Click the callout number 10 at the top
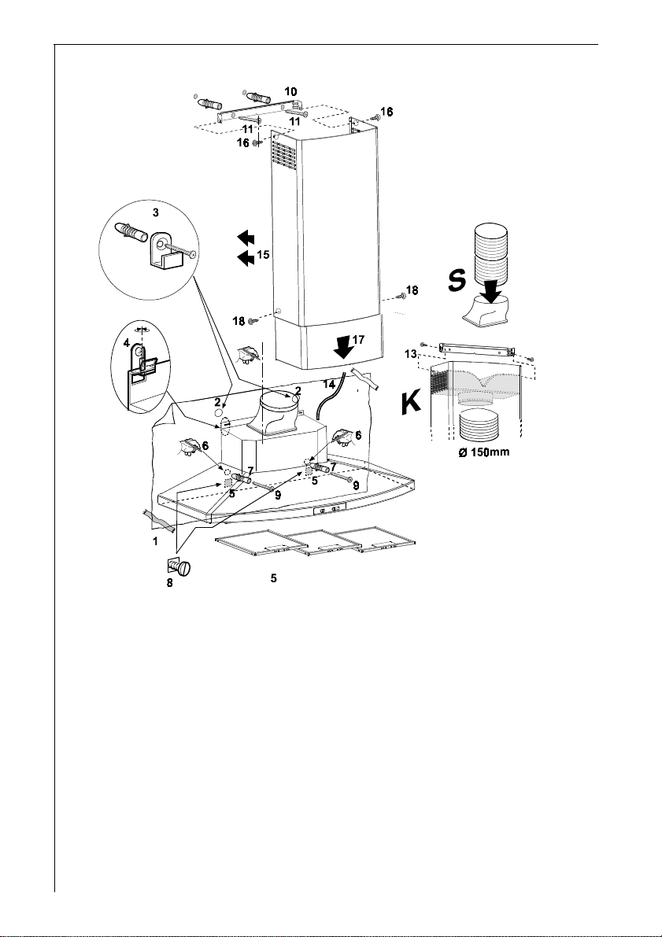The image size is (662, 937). (290, 91)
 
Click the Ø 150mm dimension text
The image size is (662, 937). (486, 452)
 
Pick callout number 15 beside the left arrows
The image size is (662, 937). (263, 255)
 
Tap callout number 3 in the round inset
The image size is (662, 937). (156, 212)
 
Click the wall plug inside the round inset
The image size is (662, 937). (132, 234)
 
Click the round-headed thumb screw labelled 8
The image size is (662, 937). (186, 567)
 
